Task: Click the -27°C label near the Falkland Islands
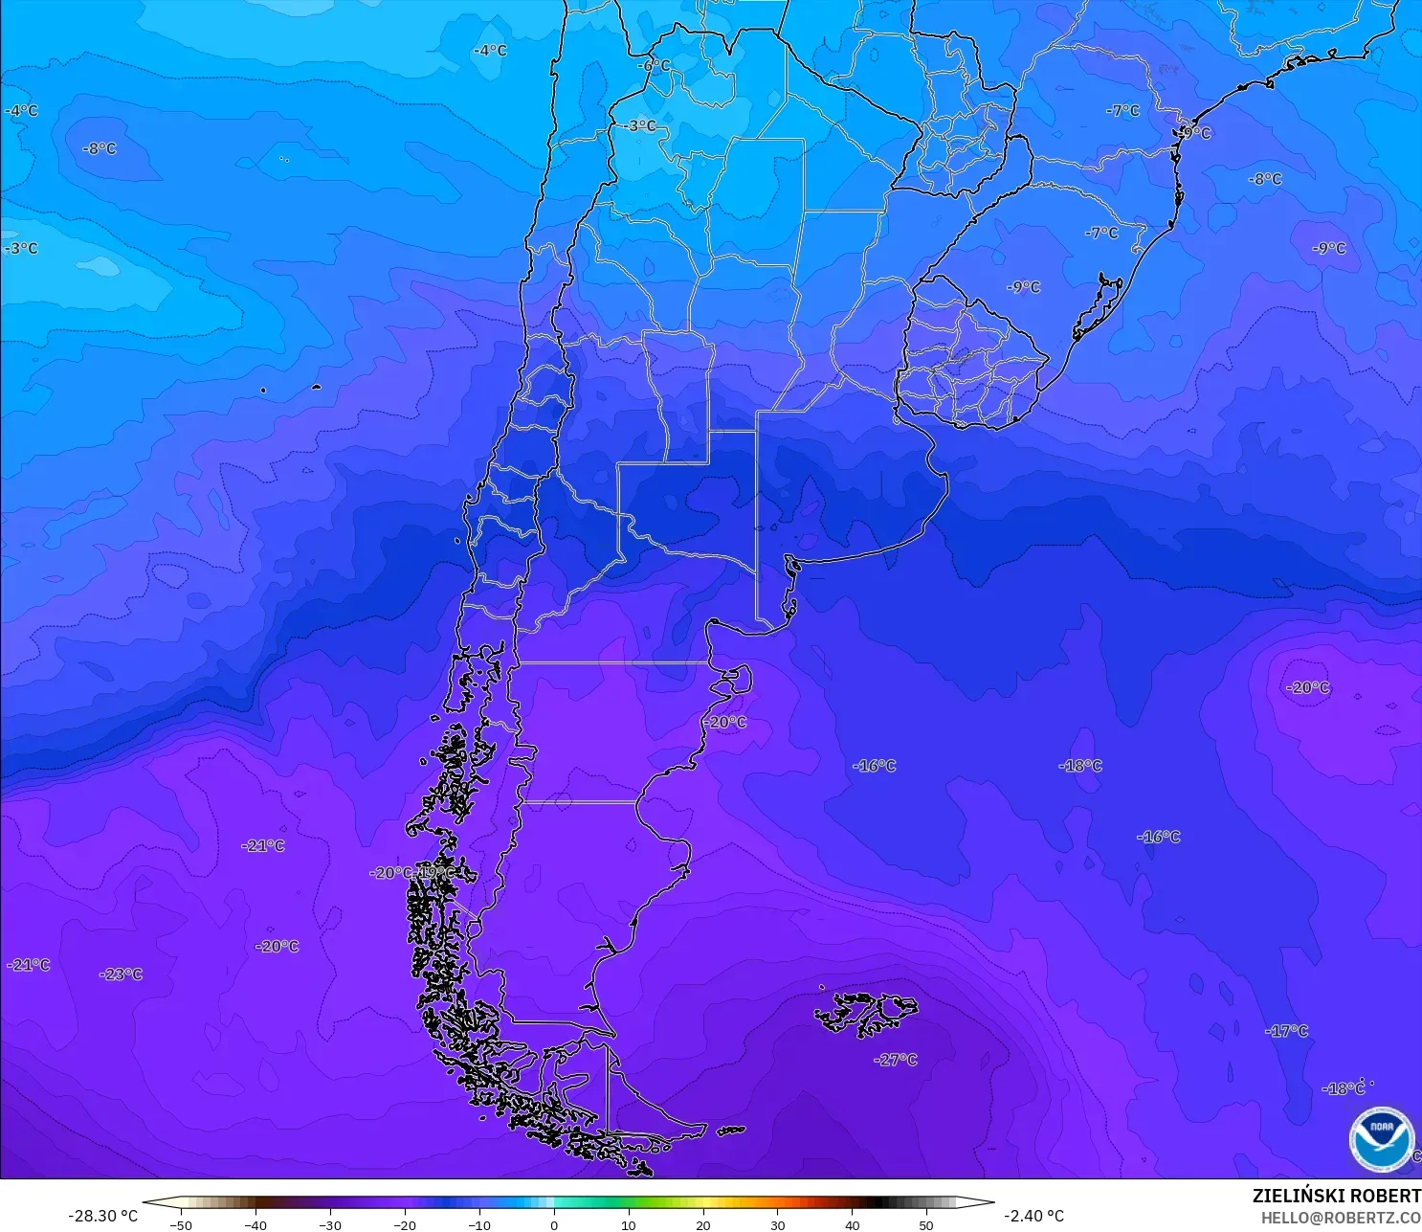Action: click(896, 1060)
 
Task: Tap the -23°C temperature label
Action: click(121, 974)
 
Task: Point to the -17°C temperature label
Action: click(1286, 1031)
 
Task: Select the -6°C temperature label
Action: click(655, 65)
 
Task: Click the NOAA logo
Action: click(1381, 1139)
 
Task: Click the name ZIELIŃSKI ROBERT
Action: click(1336, 1196)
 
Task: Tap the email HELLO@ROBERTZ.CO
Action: click(1340, 1218)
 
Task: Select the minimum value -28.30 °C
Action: click(102, 1216)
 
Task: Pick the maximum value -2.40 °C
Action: click(1033, 1216)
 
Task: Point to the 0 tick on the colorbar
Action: click(553, 1224)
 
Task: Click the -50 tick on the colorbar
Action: click(180, 1224)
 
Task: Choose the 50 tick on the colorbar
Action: click(926, 1224)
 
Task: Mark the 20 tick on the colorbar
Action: click(702, 1224)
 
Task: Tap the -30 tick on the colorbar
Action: click(329, 1224)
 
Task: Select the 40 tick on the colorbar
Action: click(852, 1224)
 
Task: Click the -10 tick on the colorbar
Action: click(478, 1224)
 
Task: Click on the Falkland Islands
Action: click(866, 1013)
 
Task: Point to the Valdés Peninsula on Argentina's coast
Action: click(733, 679)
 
